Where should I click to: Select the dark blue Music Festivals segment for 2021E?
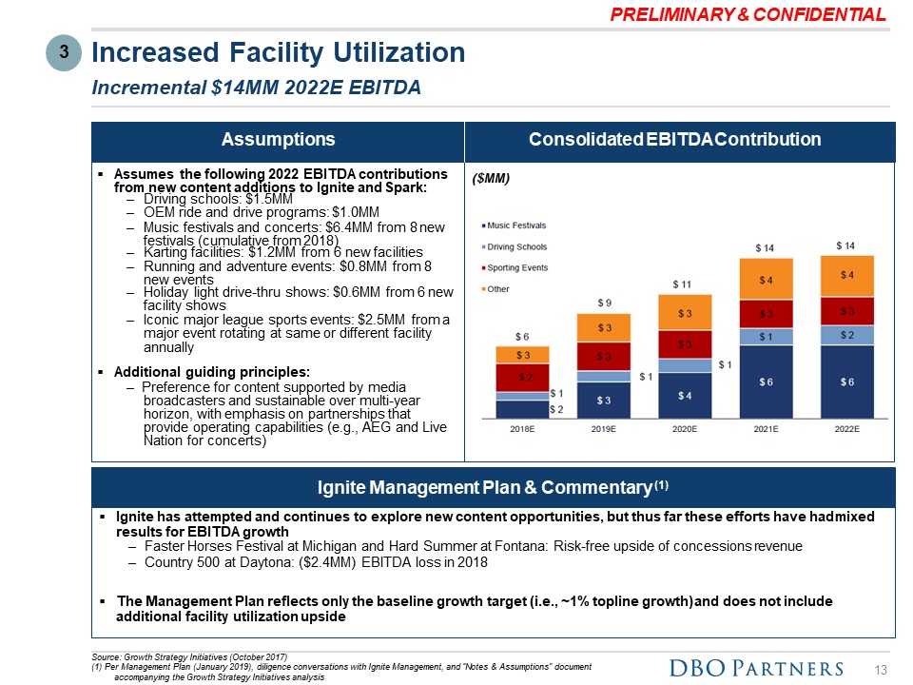pyautogui.click(x=767, y=382)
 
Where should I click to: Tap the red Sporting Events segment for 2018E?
pyautogui.click(x=522, y=377)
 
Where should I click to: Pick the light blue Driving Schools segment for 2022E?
pyautogui.click(x=847, y=334)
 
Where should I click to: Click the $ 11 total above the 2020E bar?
pyautogui.click(x=685, y=284)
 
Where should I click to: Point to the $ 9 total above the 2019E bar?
pyautogui.click(x=604, y=303)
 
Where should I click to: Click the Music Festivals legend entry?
pyautogui.click(x=517, y=225)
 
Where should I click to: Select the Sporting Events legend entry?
pyautogui.click(x=517, y=267)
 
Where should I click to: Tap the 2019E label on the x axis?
pyautogui.click(x=604, y=429)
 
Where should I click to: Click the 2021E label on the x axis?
pyautogui.click(x=767, y=429)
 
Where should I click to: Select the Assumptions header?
pyautogui.click(x=278, y=140)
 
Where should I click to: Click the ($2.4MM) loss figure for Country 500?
pyautogui.click(x=318, y=562)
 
